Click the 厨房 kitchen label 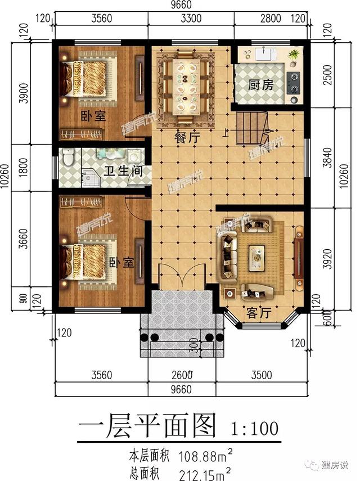(260, 85)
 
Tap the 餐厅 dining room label (187, 137)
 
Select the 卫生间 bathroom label (123, 170)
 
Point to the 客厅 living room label (259, 313)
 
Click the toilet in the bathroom (67, 156)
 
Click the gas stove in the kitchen (294, 83)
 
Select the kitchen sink (264, 55)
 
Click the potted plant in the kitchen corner (294, 55)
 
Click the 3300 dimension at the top (191, 19)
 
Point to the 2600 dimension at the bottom (182, 375)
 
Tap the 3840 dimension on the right (328, 158)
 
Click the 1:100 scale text (254, 429)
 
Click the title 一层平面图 (147, 426)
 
